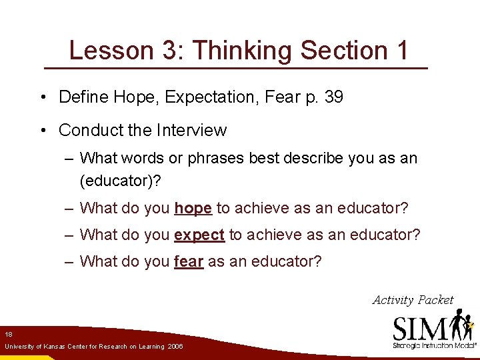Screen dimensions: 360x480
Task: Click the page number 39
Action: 333,97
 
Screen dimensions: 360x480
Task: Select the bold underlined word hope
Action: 193,209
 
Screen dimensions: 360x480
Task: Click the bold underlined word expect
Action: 199,235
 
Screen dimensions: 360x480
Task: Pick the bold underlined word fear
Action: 189,261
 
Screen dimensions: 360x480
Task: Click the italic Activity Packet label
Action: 413,300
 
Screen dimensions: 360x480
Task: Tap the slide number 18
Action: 8,334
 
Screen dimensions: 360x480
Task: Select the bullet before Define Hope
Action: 42,97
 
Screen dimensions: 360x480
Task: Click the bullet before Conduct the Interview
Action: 42,131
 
